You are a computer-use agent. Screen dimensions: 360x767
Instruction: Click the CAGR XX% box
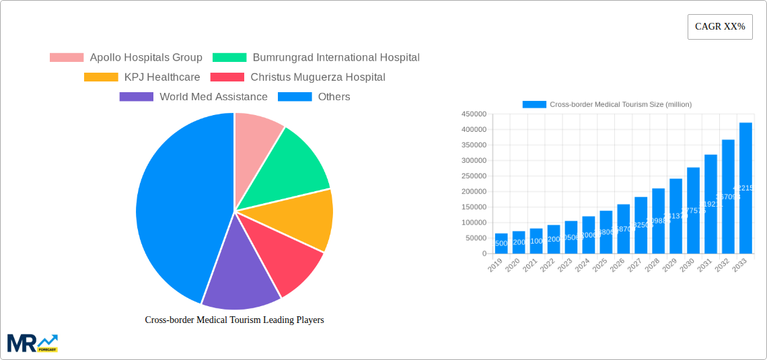(x=719, y=27)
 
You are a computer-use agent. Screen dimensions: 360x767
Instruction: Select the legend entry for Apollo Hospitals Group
(x=126, y=58)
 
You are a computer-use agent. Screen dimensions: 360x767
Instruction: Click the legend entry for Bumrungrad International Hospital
(x=316, y=58)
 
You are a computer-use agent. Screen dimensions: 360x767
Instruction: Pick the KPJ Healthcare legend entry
(x=142, y=77)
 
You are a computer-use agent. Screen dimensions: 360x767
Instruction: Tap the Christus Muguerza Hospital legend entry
(x=298, y=77)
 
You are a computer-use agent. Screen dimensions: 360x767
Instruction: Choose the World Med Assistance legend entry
(x=194, y=97)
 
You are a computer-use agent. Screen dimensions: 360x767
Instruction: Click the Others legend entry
(x=314, y=97)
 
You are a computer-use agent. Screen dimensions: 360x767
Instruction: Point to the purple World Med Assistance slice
(x=239, y=276)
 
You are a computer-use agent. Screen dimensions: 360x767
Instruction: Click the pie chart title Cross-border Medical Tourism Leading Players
(x=234, y=320)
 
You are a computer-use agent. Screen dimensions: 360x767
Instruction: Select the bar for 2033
(x=745, y=188)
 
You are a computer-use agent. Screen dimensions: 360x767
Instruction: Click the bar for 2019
(x=501, y=244)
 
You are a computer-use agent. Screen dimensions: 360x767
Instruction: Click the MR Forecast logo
(x=32, y=343)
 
